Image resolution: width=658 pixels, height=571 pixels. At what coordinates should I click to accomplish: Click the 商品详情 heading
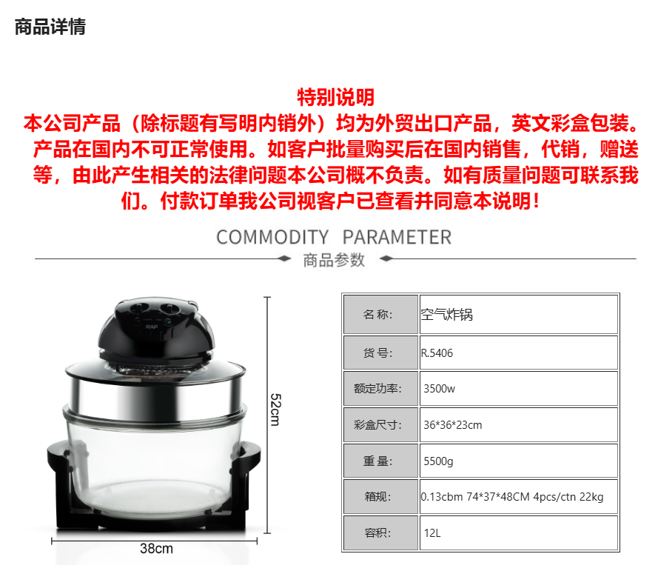[x=50, y=27]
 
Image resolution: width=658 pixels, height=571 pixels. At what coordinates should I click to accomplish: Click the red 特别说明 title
[x=336, y=98]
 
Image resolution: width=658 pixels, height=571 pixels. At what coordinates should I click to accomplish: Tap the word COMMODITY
[x=272, y=237]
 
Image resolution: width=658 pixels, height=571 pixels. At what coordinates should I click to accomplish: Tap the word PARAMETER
[x=397, y=237]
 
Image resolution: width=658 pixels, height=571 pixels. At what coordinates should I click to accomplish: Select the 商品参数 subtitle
[x=334, y=260]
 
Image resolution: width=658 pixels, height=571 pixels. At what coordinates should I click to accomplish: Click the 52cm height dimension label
[x=275, y=410]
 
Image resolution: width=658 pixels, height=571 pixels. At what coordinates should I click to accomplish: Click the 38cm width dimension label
[x=156, y=548]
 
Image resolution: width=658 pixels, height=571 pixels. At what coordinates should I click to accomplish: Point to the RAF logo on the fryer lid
[x=152, y=326]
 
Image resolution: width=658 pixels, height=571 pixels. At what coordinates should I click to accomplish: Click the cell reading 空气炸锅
[x=446, y=315]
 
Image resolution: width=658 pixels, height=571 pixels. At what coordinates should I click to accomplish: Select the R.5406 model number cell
[x=437, y=353]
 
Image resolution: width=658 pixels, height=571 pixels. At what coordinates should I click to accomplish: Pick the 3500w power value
[x=439, y=389]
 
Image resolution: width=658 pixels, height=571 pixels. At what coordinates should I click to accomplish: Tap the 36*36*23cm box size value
[x=452, y=425]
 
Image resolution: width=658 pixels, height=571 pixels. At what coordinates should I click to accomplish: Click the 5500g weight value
[x=438, y=461]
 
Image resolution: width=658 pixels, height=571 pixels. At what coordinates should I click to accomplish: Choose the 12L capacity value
[x=432, y=533]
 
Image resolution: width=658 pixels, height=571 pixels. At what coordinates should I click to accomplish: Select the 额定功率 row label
[x=377, y=389]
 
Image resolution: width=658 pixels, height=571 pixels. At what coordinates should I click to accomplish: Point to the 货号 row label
[x=377, y=353]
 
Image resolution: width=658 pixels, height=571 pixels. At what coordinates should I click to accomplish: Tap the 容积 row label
[x=377, y=533]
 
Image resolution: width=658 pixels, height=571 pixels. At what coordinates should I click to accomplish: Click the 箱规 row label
[x=377, y=497]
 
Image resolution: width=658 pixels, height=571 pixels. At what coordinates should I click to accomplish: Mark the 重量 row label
[x=377, y=461]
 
